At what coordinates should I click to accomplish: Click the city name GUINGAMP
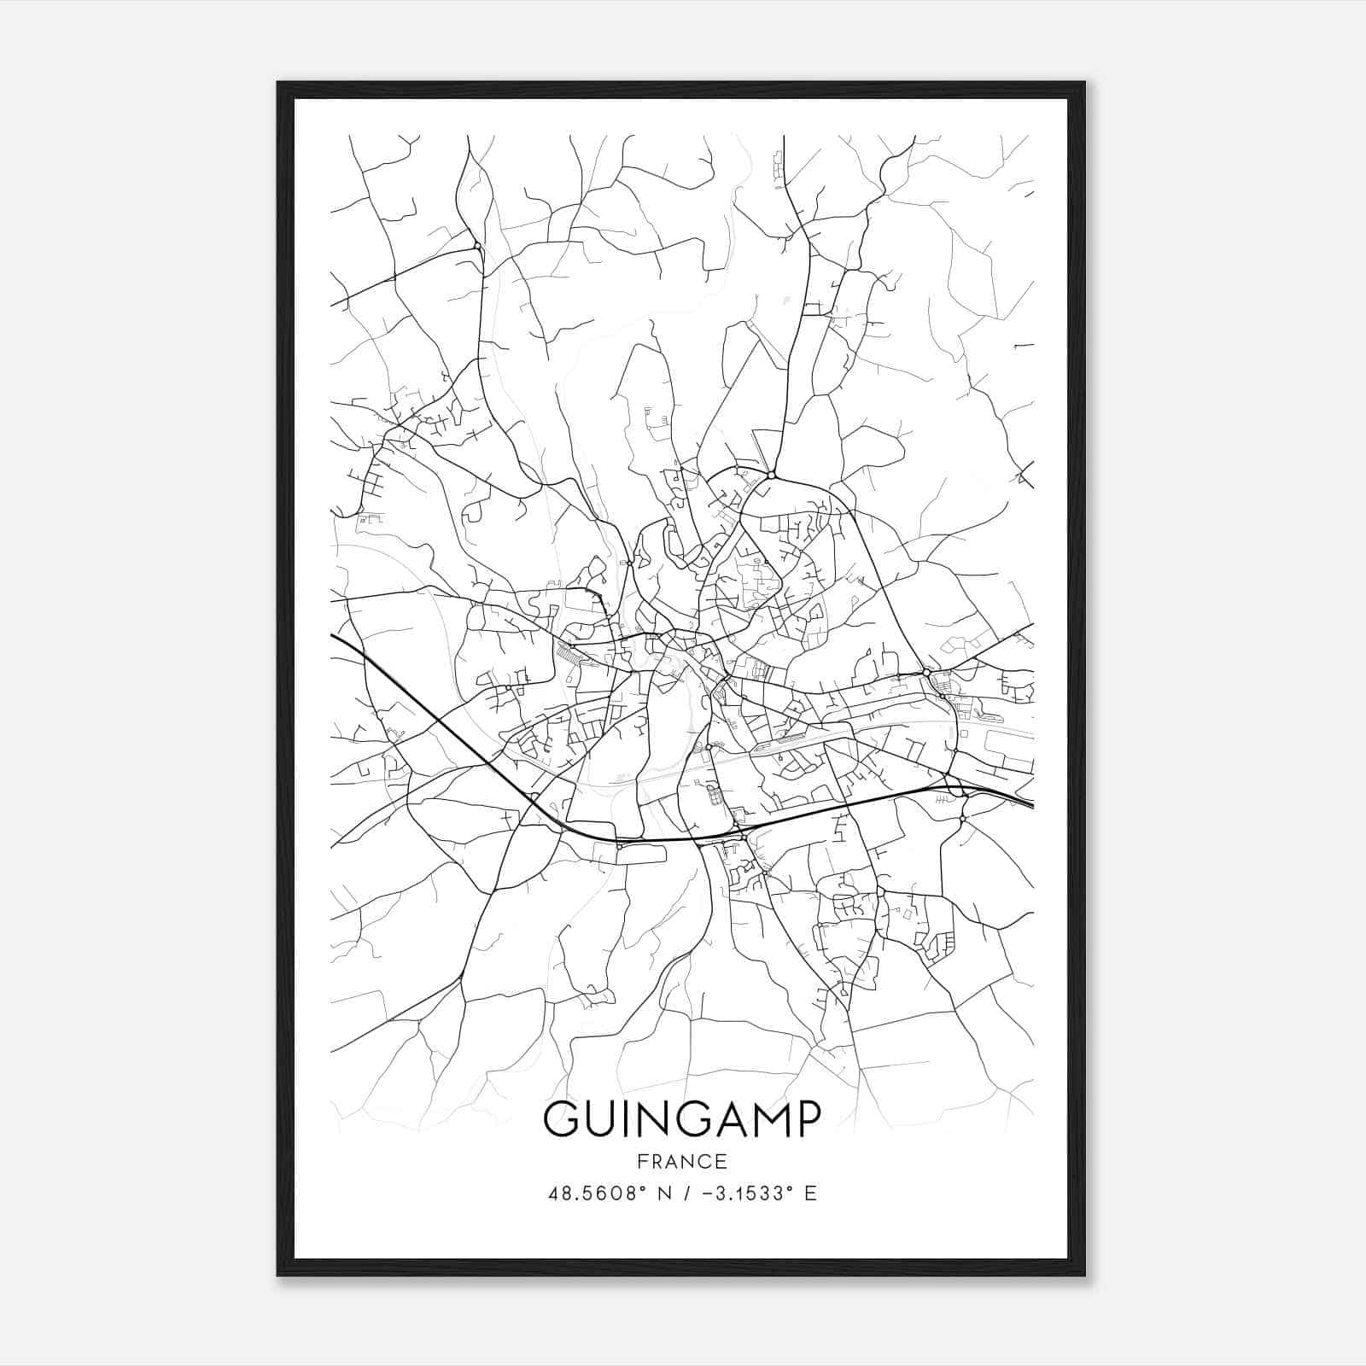pos(681,1119)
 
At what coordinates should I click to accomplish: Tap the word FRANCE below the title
pos(681,1161)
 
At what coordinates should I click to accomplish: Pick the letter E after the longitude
pos(811,1194)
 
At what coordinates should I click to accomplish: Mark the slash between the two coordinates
pos(681,1194)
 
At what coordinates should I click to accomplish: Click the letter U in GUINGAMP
pos(603,1119)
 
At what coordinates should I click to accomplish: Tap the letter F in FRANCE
pos(640,1161)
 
